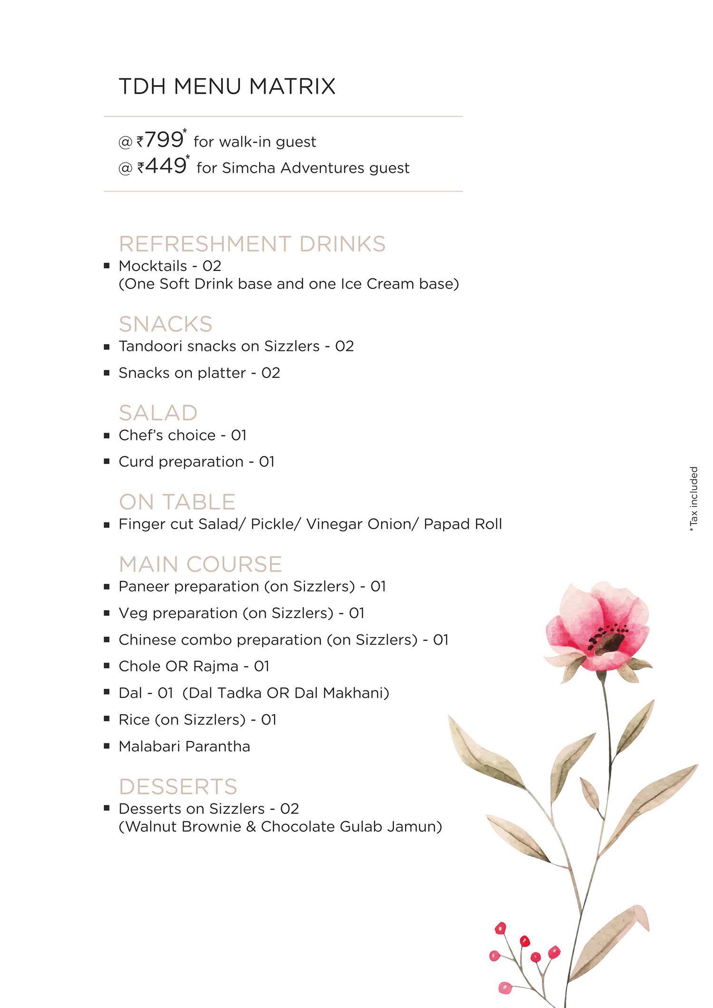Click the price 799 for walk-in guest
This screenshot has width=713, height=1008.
164,140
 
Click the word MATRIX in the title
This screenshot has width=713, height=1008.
292,87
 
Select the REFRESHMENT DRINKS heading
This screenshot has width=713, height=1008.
252,244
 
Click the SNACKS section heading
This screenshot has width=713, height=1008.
165,324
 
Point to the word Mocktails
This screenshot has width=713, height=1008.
153,266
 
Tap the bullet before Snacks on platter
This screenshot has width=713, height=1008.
107,373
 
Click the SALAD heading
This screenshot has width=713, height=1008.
158,413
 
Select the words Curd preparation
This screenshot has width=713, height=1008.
181,462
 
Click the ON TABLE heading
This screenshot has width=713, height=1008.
177,502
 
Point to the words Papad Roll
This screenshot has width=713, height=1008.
462,524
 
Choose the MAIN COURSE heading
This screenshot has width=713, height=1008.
200,564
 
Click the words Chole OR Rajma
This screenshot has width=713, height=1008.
178,666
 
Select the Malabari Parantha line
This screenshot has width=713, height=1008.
184,746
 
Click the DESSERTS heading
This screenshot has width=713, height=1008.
178,786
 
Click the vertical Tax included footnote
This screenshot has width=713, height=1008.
694,498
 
